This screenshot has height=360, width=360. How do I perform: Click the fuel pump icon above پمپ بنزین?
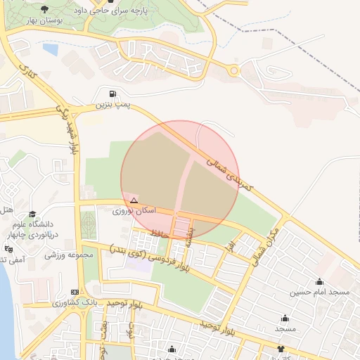113,94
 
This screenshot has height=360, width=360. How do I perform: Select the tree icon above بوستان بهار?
45,10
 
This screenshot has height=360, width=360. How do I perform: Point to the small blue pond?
51,50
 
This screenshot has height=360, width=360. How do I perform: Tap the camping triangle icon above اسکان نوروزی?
134,200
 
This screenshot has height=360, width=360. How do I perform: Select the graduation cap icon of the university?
32,214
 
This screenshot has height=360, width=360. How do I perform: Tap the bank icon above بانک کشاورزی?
75,292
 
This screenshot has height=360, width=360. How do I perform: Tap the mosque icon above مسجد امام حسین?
320,281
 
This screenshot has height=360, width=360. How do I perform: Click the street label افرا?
230,246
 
